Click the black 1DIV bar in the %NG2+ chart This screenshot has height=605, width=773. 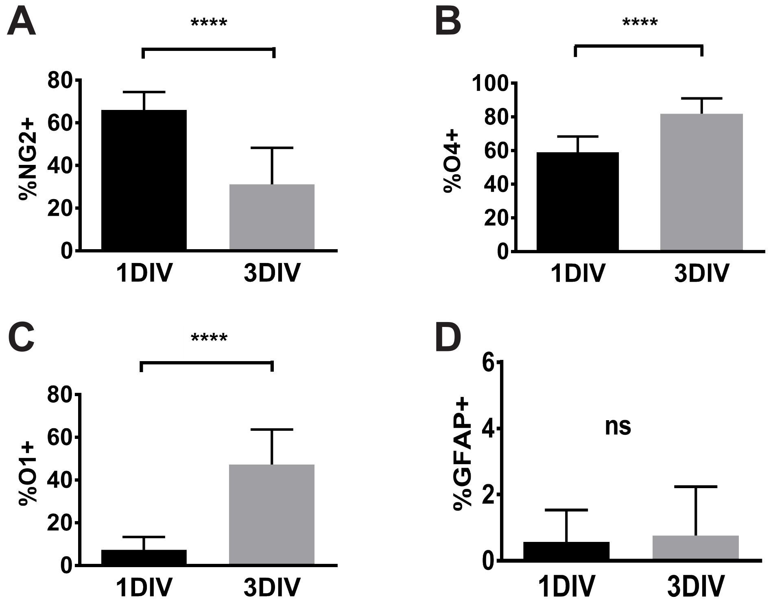[x=144, y=180]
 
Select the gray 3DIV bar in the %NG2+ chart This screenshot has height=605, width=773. [x=272, y=217]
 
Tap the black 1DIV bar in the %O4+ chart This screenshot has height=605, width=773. [x=577, y=201]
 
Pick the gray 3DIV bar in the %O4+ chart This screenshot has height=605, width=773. [x=701, y=182]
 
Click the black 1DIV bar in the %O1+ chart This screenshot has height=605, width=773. [x=144, y=557]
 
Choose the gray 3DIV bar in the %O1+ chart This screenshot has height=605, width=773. [x=272, y=514]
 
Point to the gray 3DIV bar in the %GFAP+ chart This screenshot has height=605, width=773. [x=696, y=548]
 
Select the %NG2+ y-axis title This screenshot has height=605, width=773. [x=28, y=166]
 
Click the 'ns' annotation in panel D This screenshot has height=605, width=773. [x=618, y=427]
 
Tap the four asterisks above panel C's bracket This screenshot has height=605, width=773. [x=209, y=338]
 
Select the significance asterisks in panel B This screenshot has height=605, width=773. [x=640, y=22]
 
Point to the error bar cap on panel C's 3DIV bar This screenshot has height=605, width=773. [x=272, y=430]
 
